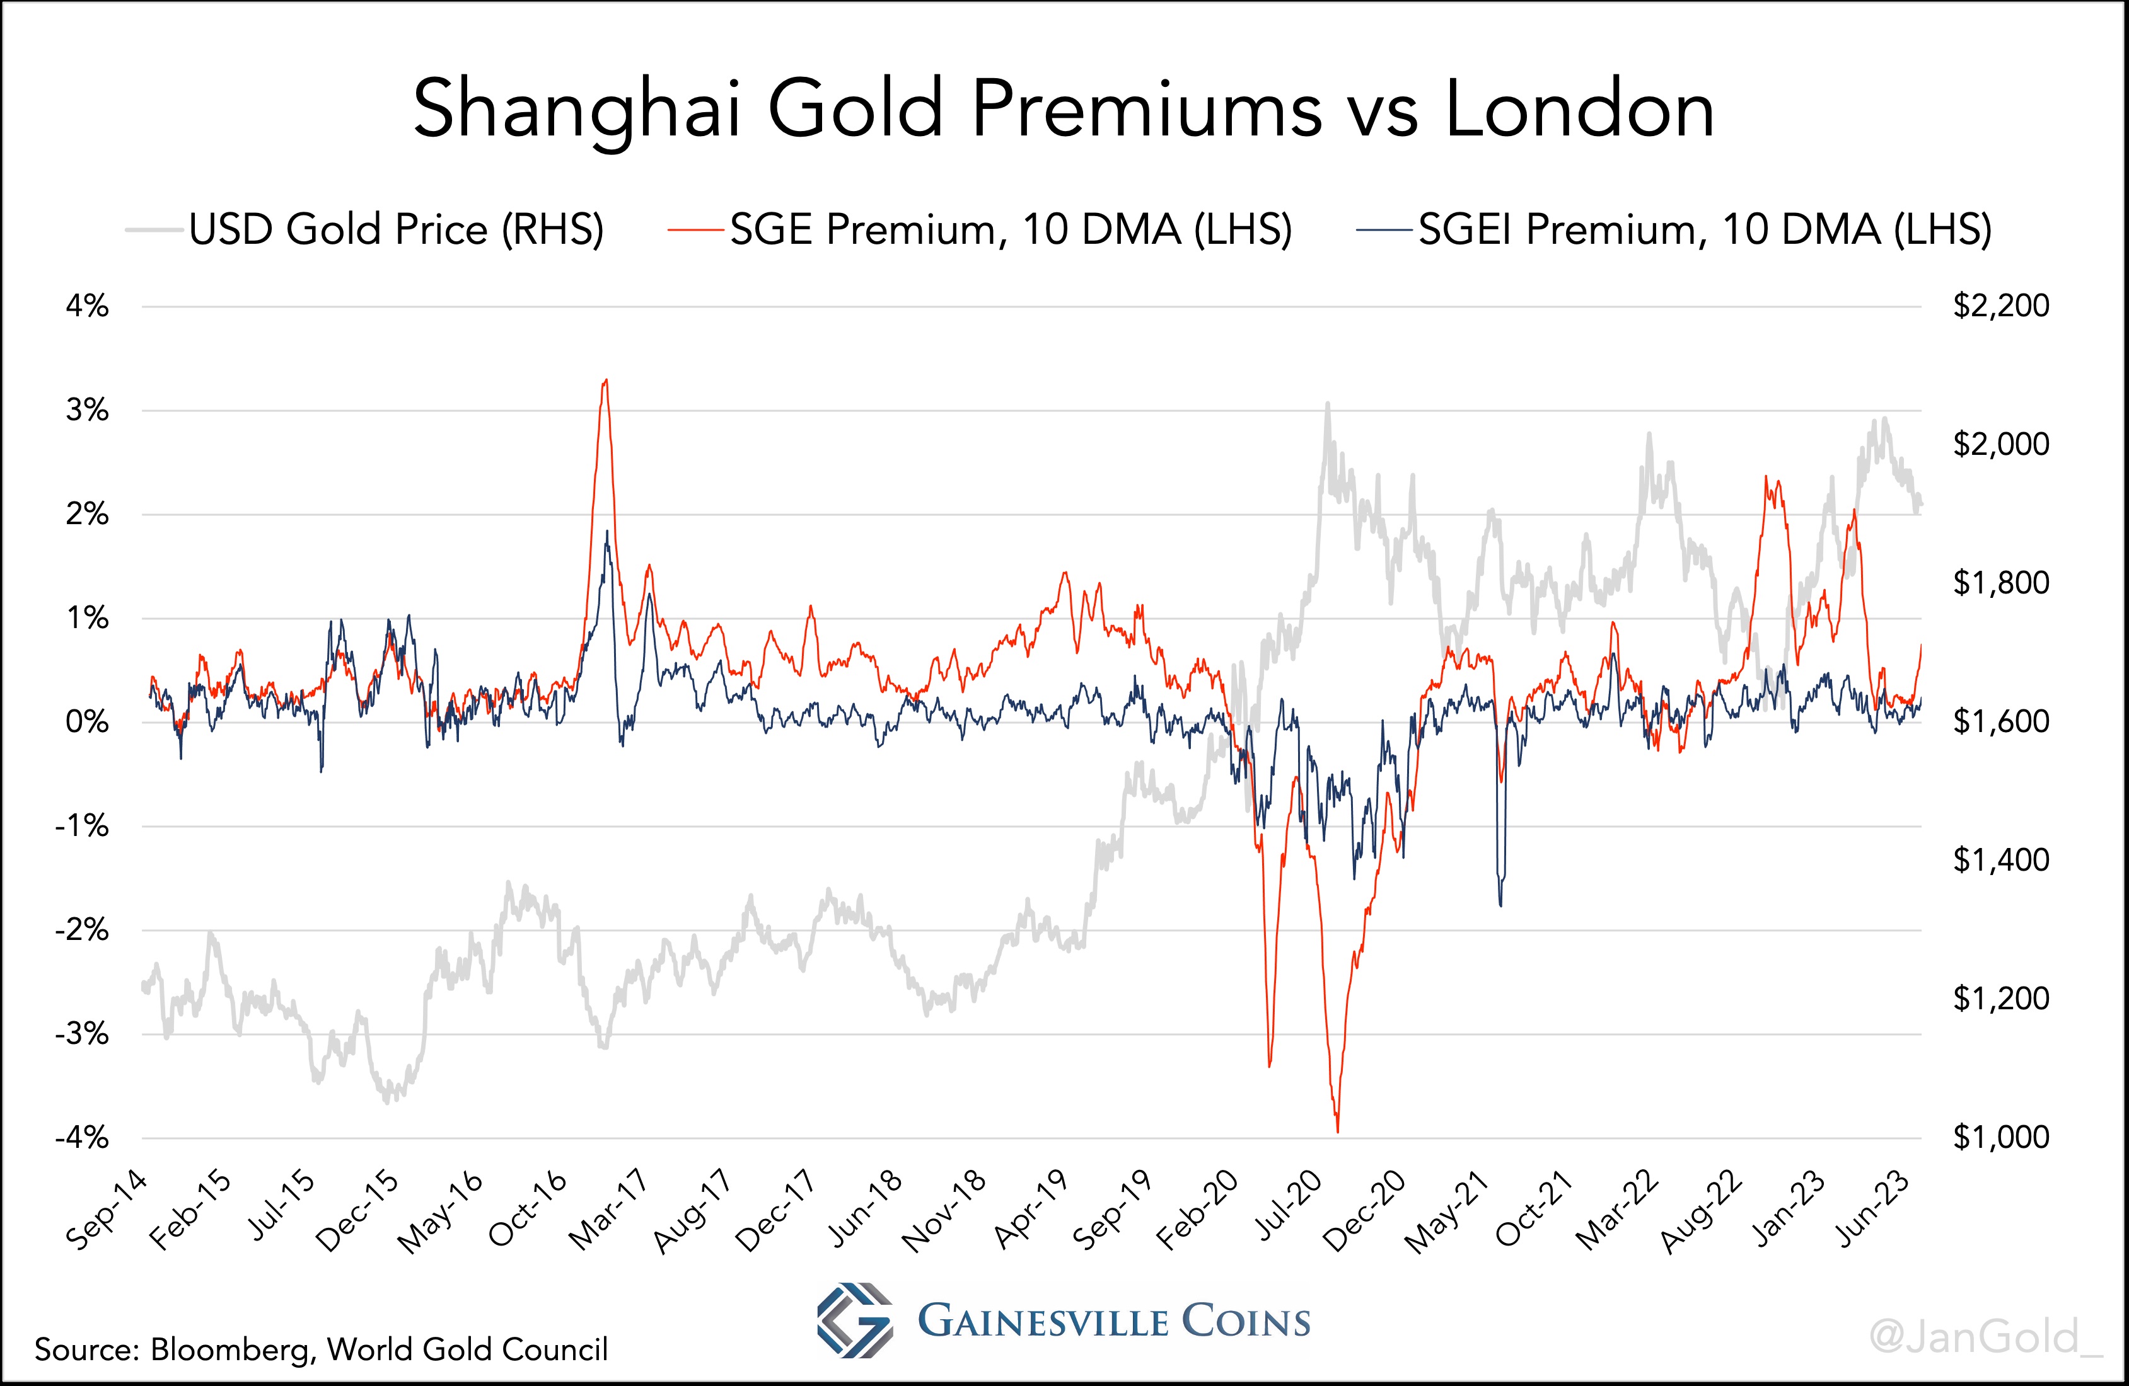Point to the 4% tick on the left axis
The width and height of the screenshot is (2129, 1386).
coord(87,307)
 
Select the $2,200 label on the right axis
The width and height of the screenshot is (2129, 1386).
coord(2000,306)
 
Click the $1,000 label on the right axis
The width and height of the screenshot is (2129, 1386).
coord(2000,1137)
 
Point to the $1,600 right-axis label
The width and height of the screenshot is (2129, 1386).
coord(2000,721)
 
